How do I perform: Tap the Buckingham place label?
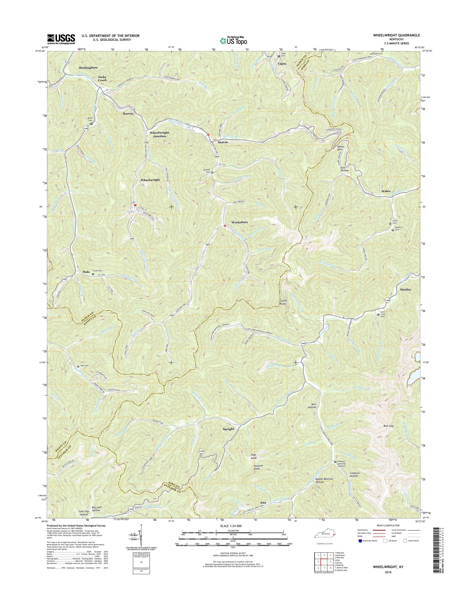coord(88,67)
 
